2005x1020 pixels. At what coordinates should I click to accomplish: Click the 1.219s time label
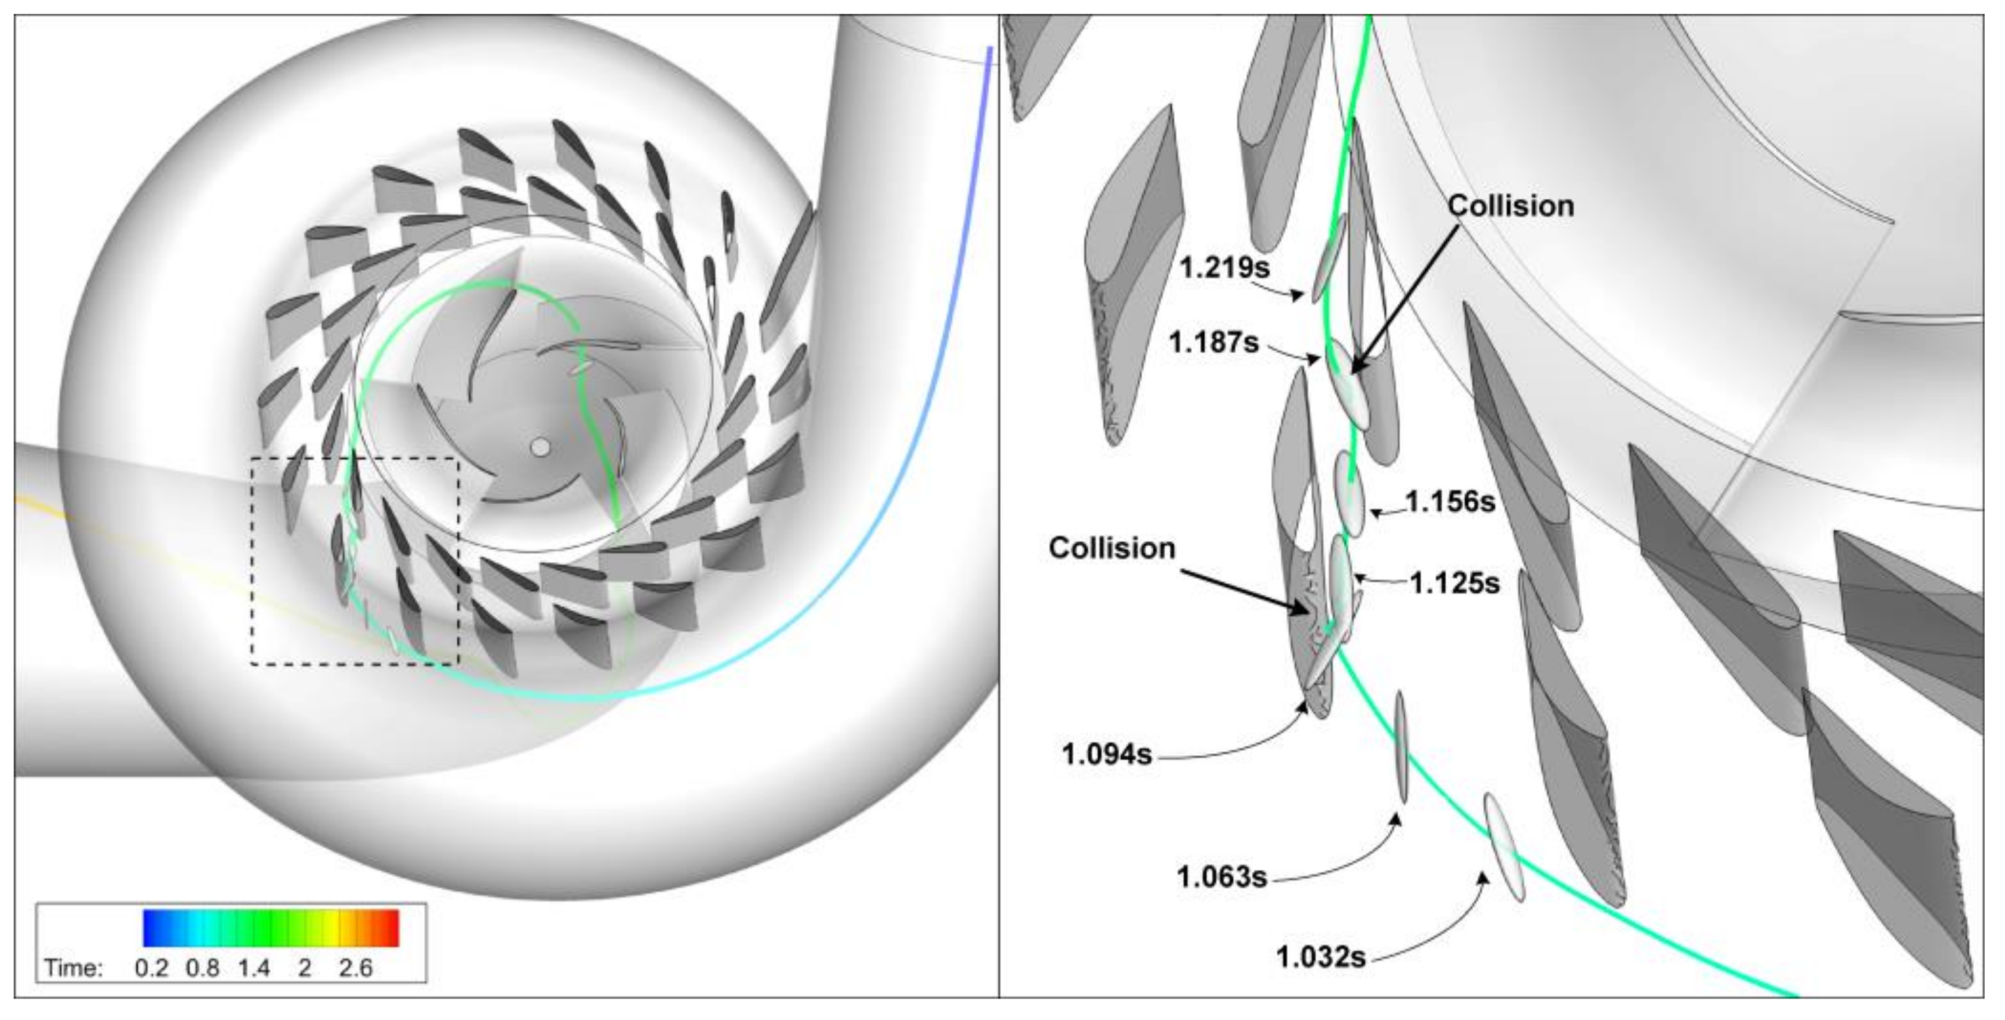pyautogui.click(x=1225, y=267)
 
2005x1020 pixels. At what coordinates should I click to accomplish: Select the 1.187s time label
pyautogui.click(x=1214, y=341)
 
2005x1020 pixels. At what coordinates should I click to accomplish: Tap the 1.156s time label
pyautogui.click(x=1450, y=502)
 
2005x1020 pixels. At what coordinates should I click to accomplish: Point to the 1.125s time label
pyautogui.click(x=1455, y=583)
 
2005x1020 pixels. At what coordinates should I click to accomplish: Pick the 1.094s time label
pyautogui.click(x=1107, y=754)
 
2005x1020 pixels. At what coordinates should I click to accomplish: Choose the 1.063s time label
pyautogui.click(x=1222, y=877)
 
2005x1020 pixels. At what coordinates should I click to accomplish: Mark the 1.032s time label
pyautogui.click(x=1321, y=956)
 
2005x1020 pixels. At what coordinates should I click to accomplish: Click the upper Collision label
pyautogui.click(x=1511, y=206)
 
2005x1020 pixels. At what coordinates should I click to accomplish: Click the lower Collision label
pyautogui.click(x=1112, y=548)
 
